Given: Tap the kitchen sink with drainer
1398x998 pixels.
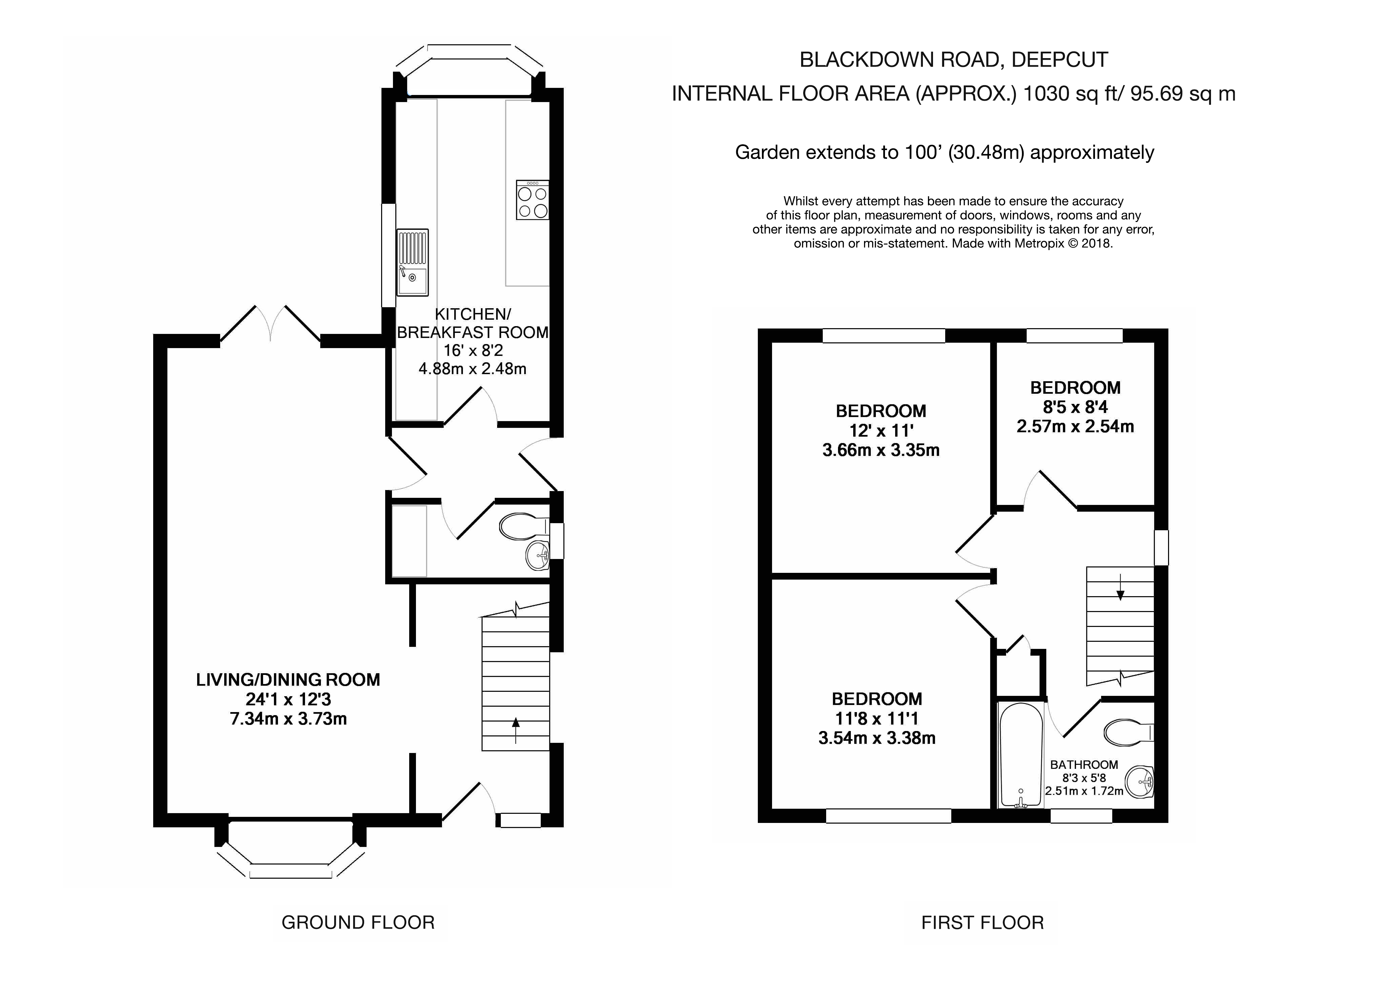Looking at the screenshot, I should (412, 262).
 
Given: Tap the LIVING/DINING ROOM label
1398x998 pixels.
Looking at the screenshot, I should (288, 680).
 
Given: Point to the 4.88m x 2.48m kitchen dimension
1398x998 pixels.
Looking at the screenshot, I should (472, 369).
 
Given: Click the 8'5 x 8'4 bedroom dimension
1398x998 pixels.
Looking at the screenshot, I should (1075, 407).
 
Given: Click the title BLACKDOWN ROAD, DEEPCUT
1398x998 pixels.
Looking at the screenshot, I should (954, 59).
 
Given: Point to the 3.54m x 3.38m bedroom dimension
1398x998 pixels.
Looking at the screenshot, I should (877, 738).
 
